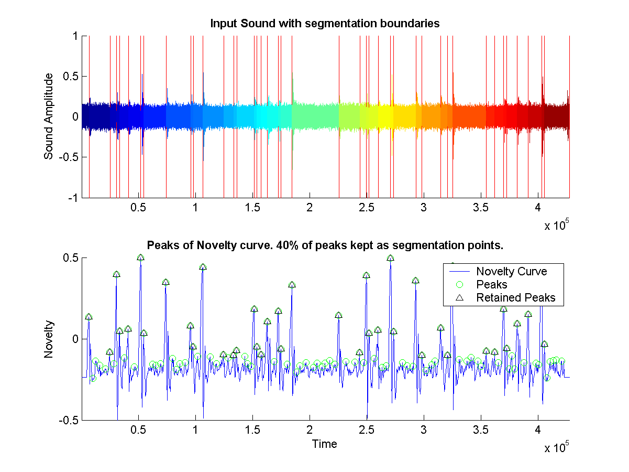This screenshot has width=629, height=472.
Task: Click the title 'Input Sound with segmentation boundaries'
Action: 324,24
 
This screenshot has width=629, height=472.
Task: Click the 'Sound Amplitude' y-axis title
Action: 49,116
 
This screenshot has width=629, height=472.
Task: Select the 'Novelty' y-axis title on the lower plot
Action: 49,339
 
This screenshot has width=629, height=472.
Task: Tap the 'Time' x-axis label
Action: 324,444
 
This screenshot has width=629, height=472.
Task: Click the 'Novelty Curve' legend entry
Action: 511,271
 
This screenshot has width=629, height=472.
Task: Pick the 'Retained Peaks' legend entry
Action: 515,298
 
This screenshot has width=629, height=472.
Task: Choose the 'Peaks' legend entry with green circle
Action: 491,285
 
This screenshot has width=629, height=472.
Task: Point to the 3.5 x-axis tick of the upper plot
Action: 481,207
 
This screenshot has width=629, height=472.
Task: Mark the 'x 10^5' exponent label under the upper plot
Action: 556,226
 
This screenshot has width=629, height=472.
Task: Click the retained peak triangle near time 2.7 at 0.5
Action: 390,258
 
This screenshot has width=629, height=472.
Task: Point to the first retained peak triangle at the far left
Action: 89,317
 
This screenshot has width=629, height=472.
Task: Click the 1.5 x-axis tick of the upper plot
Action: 252,207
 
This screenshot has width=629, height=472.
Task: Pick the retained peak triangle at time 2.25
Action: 338,315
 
